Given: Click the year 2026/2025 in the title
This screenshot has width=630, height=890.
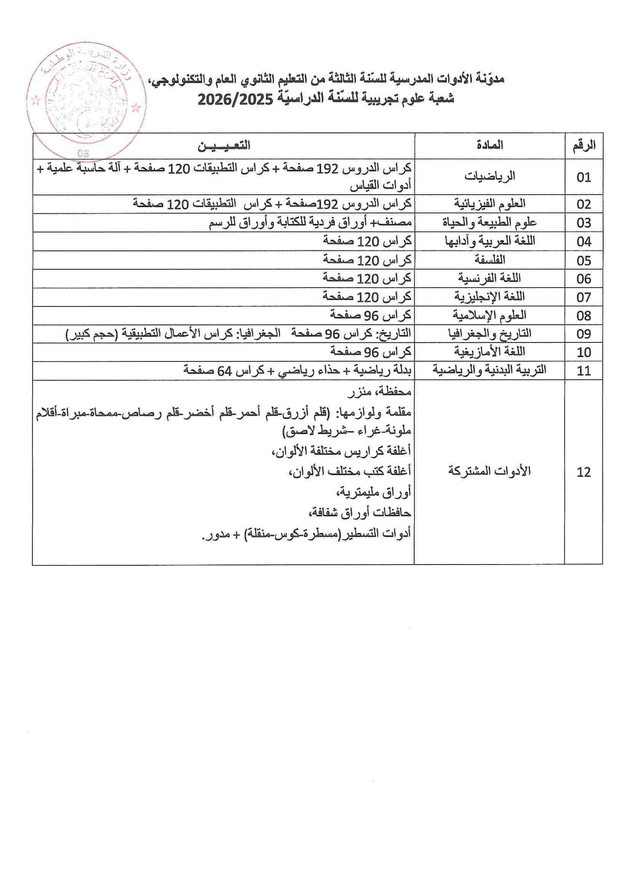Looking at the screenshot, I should pos(235,99).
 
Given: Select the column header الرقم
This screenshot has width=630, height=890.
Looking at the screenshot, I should pos(583,146).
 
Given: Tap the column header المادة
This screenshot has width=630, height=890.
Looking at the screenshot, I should pos(489,145).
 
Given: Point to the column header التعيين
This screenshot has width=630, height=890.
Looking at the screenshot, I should pos(224,146).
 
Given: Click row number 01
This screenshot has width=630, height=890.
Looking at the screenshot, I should pos(583,177).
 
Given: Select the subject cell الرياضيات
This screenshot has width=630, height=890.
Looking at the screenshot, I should pos(489,176).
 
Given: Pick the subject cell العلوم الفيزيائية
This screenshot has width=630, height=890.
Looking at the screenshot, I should pos(489,203).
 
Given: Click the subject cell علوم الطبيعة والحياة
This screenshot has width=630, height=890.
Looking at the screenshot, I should pos(489,222).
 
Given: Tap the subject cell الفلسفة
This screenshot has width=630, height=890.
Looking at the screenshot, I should pos(489,260).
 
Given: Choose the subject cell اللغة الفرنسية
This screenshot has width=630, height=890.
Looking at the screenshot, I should pos(489,278).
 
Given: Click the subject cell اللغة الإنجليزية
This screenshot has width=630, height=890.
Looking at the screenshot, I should pos(489,297).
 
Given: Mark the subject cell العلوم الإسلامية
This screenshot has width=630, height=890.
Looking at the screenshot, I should pos(489,315).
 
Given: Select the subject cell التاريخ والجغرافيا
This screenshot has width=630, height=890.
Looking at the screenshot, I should pos(489,334).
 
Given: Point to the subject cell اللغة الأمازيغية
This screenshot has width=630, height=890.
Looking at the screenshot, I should pos(489,352).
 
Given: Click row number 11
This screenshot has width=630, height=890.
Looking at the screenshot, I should pos(583,371).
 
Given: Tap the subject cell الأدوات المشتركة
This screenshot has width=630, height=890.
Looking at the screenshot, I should pos(489,472).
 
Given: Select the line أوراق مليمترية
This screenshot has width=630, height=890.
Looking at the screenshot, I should pos(373,492).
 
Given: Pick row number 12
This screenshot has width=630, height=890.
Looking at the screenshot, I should pos(583,472).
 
